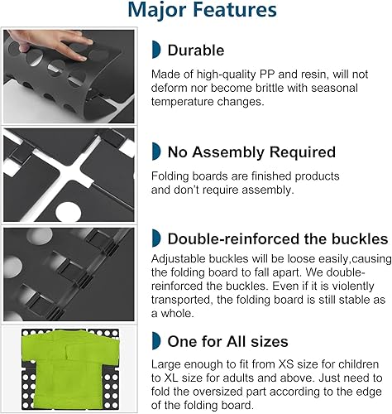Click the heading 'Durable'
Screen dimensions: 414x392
pos(195,51)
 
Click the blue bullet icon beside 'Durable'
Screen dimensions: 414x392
pos(156,51)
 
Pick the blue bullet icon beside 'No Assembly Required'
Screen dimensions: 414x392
pos(156,152)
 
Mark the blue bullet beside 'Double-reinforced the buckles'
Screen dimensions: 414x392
pos(156,238)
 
